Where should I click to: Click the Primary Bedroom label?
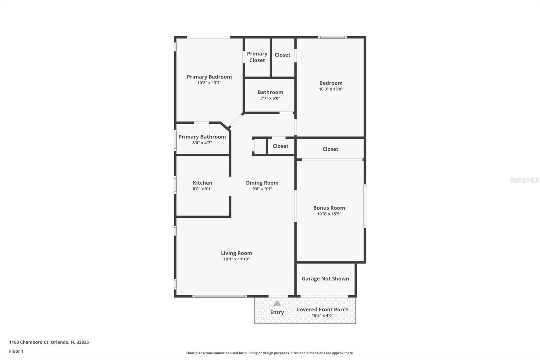point(209,77)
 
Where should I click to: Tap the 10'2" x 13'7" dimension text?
point(209,83)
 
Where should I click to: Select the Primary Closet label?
point(257,57)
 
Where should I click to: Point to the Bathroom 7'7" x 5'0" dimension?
point(270,98)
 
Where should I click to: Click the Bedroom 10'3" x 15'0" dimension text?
point(331,89)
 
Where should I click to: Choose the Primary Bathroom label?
point(202,137)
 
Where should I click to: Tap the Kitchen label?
point(202,183)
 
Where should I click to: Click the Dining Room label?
point(262,183)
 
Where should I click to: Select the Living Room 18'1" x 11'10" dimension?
point(236,259)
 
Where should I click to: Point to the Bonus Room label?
point(329,208)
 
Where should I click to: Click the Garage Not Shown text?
point(325,279)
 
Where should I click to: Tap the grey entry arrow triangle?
point(277,303)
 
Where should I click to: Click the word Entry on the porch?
point(277,312)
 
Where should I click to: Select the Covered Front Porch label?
point(322,309)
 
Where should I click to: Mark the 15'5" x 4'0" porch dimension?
point(322,316)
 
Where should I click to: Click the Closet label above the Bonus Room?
point(330,149)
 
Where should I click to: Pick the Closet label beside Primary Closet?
point(282,55)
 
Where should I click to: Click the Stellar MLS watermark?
point(524,180)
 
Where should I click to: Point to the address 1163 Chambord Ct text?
point(49,342)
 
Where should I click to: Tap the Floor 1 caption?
point(16,351)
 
